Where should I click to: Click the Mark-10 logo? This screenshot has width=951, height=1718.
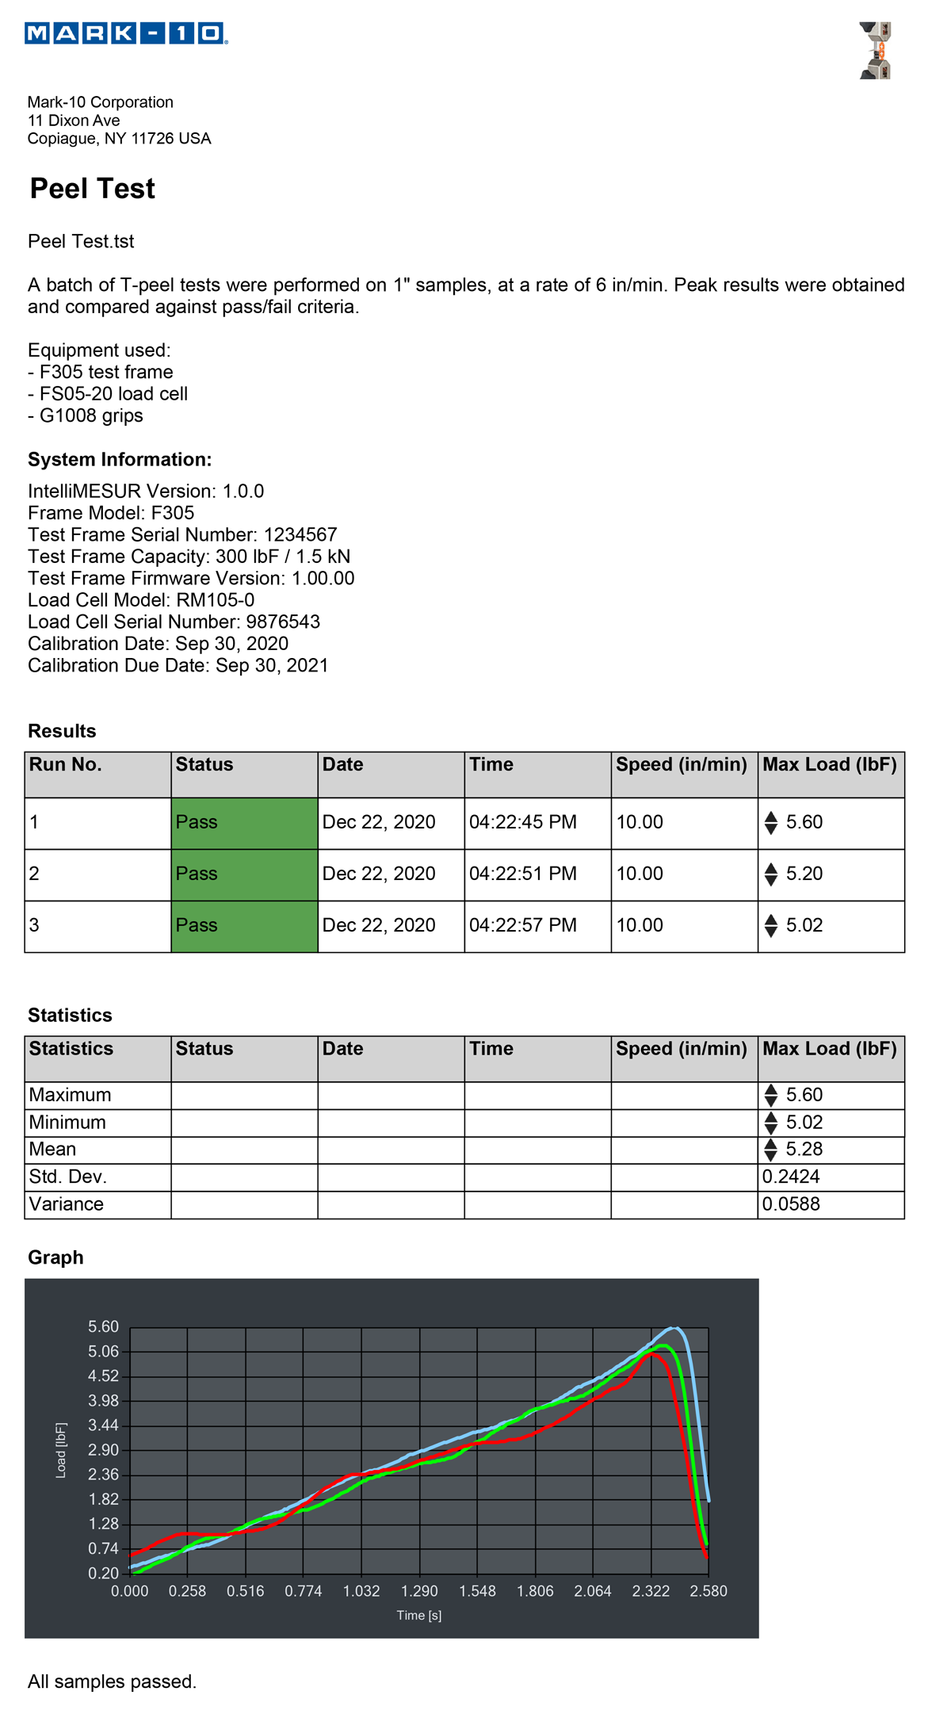(x=126, y=33)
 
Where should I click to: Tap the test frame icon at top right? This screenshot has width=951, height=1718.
(x=876, y=51)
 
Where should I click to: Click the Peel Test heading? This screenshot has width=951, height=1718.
(x=92, y=189)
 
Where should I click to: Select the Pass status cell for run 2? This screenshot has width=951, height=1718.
(x=244, y=874)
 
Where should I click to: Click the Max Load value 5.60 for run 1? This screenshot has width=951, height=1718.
(x=804, y=822)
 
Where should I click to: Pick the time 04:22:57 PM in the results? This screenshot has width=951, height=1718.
(x=523, y=925)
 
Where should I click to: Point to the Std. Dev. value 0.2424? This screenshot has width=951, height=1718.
(x=791, y=1177)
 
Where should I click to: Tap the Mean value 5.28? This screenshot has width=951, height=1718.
(x=804, y=1150)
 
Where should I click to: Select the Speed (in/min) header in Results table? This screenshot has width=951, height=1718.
(x=682, y=765)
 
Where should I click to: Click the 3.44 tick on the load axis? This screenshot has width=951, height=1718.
(x=103, y=1425)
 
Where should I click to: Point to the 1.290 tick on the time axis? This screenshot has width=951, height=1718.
(x=419, y=1591)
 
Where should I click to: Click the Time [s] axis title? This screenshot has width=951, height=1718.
(x=419, y=1616)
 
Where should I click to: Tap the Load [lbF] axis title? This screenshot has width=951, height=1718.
(x=61, y=1450)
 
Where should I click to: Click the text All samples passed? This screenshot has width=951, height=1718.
(x=112, y=1682)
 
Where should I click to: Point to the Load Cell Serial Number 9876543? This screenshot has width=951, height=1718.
(x=283, y=622)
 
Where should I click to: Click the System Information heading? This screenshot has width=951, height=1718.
(x=120, y=460)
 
